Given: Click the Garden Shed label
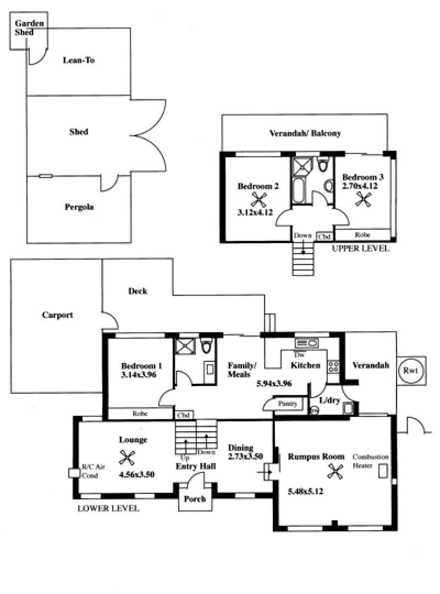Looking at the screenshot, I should coord(25,28).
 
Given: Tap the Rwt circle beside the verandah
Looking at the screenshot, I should coord(410,370).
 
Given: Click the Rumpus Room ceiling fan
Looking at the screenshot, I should coord(335,471).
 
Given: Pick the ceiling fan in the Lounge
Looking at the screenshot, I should coord(128,457).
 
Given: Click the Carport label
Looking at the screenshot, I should coord(57,315).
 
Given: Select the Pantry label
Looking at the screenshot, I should coord(289,404).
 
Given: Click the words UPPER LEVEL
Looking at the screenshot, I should coord(360,249).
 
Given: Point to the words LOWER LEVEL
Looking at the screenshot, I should coord(109,509).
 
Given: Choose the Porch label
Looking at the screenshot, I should coord(195,499).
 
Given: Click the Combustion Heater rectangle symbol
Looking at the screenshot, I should coord(384,471).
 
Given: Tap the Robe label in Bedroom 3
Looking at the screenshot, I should coord(362,234).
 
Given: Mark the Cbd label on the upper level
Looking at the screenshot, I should coord(324,237).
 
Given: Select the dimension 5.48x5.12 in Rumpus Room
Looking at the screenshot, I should coord(305,491).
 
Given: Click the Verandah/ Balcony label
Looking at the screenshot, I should coord(305,133).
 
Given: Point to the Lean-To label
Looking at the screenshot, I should coord(79,60).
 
